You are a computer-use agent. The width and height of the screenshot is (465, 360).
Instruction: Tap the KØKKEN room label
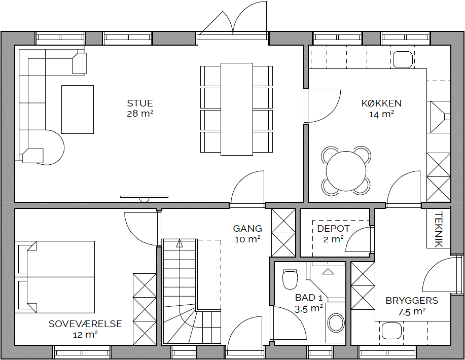click(x=381, y=103)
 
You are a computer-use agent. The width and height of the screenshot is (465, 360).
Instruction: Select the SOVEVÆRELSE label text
click(x=85, y=323)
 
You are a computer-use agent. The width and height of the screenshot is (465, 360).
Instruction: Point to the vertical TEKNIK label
click(x=438, y=229)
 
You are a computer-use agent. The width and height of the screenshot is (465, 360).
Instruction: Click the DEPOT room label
click(x=333, y=229)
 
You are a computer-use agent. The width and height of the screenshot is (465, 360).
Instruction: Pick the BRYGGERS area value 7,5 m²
click(x=412, y=311)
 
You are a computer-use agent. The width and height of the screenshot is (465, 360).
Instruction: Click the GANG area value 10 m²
click(x=247, y=239)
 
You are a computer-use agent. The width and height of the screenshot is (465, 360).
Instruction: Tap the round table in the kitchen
click(x=346, y=171)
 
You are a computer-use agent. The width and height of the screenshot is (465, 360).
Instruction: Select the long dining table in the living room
click(x=237, y=109)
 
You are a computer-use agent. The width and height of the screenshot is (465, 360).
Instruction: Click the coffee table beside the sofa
click(x=78, y=110)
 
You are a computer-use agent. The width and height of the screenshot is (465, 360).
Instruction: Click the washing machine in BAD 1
click(x=336, y=321)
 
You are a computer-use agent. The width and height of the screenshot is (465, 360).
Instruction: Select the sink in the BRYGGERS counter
click(x=391, y=331)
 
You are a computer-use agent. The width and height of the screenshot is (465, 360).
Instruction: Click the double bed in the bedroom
click(x=55, y=277)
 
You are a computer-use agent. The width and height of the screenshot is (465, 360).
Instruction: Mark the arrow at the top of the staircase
click(x=179, y=243)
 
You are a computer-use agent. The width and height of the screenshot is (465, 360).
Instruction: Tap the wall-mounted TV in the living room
click(x=144, y=198)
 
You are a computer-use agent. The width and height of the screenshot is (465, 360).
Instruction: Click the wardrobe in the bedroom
click(x=145, y=309)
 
